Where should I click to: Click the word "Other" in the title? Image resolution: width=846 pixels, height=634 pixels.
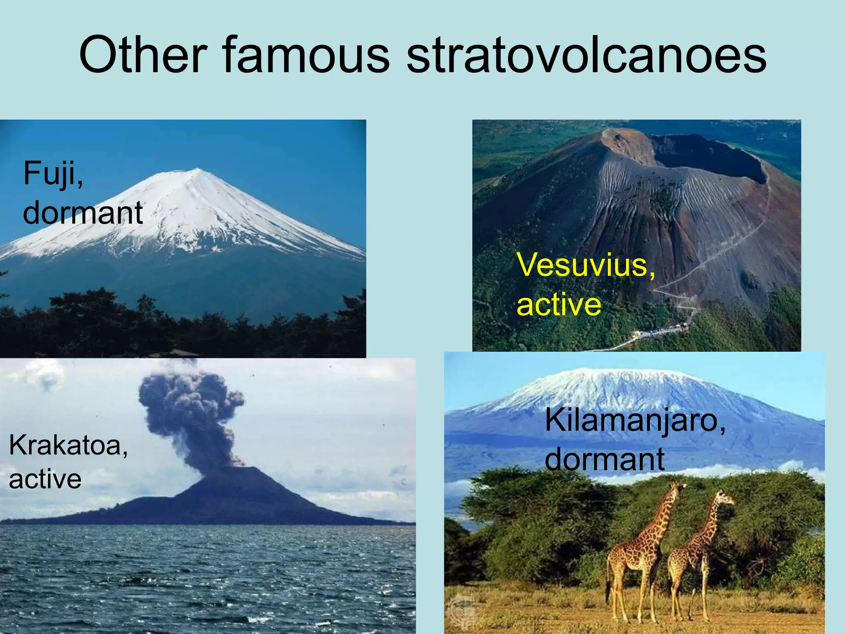(x=143, y=55)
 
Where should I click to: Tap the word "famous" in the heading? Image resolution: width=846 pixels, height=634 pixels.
(x=306, y=55)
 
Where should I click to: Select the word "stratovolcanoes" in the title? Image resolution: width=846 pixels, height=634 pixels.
(x=587, y=55)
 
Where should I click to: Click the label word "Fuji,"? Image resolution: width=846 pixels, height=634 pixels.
(x=53, y=174)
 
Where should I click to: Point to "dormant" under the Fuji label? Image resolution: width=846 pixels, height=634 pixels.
(x=83, y=213)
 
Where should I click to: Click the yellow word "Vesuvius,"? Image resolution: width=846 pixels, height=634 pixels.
(x=585, y=265)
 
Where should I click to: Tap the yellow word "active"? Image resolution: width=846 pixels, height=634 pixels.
(x=558, y=305)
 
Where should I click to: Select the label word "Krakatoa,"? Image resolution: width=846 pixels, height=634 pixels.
(x=68, y=446)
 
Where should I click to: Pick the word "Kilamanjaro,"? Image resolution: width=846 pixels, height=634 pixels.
(x=635, y=421)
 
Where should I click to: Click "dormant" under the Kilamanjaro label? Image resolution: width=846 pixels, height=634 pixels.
(x=604, y=459)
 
